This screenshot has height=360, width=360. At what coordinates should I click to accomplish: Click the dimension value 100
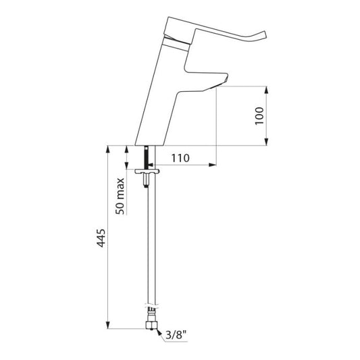coord(259,116)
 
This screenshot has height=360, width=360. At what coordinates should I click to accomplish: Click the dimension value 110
coord(180,158)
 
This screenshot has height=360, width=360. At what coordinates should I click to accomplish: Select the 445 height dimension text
coord(101,238)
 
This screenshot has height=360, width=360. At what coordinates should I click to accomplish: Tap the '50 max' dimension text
coord(120,196)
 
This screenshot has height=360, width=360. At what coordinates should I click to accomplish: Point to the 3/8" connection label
coord(176,336)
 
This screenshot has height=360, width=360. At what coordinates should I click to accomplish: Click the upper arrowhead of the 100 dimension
coord(266,90)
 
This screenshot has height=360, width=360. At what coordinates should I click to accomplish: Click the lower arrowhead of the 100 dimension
coord(266,142)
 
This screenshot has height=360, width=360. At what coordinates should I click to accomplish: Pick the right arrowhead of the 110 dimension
coord(213,165)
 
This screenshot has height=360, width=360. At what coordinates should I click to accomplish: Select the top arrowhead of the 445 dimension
coord(107,149)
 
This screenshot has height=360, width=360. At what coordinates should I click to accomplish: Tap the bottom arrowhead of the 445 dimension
coord(107,325)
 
